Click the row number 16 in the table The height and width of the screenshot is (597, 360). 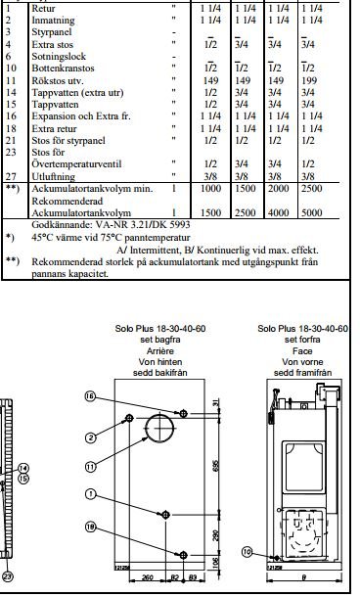click(10, 116)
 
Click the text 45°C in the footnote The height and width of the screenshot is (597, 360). click(44, 236)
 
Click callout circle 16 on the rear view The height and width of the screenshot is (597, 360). click(89, 396)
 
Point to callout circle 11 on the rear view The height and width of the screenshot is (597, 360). click(89, 467)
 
